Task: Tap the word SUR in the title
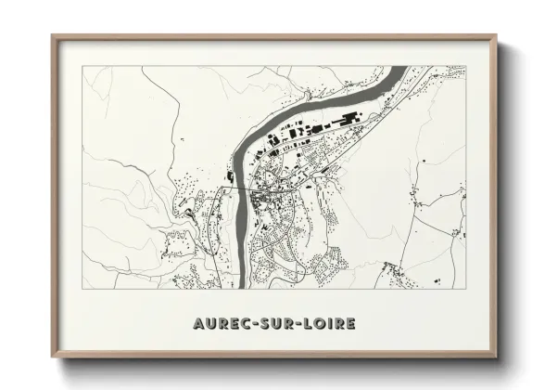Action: click(275, 324)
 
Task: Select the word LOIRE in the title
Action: click(326, 324)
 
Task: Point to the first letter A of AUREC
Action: click(198, 324)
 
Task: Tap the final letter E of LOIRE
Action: click(349, 324)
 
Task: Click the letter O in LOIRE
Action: click(319, 324)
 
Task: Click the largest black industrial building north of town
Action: click(350, 119)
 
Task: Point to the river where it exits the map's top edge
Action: click(404, 68)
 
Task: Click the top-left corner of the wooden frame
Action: click(53, 35)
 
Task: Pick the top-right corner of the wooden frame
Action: click(496, 35)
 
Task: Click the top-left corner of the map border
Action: click(83, 66)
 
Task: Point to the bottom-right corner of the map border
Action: click(465, 288)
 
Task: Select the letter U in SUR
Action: click(275, 324)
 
